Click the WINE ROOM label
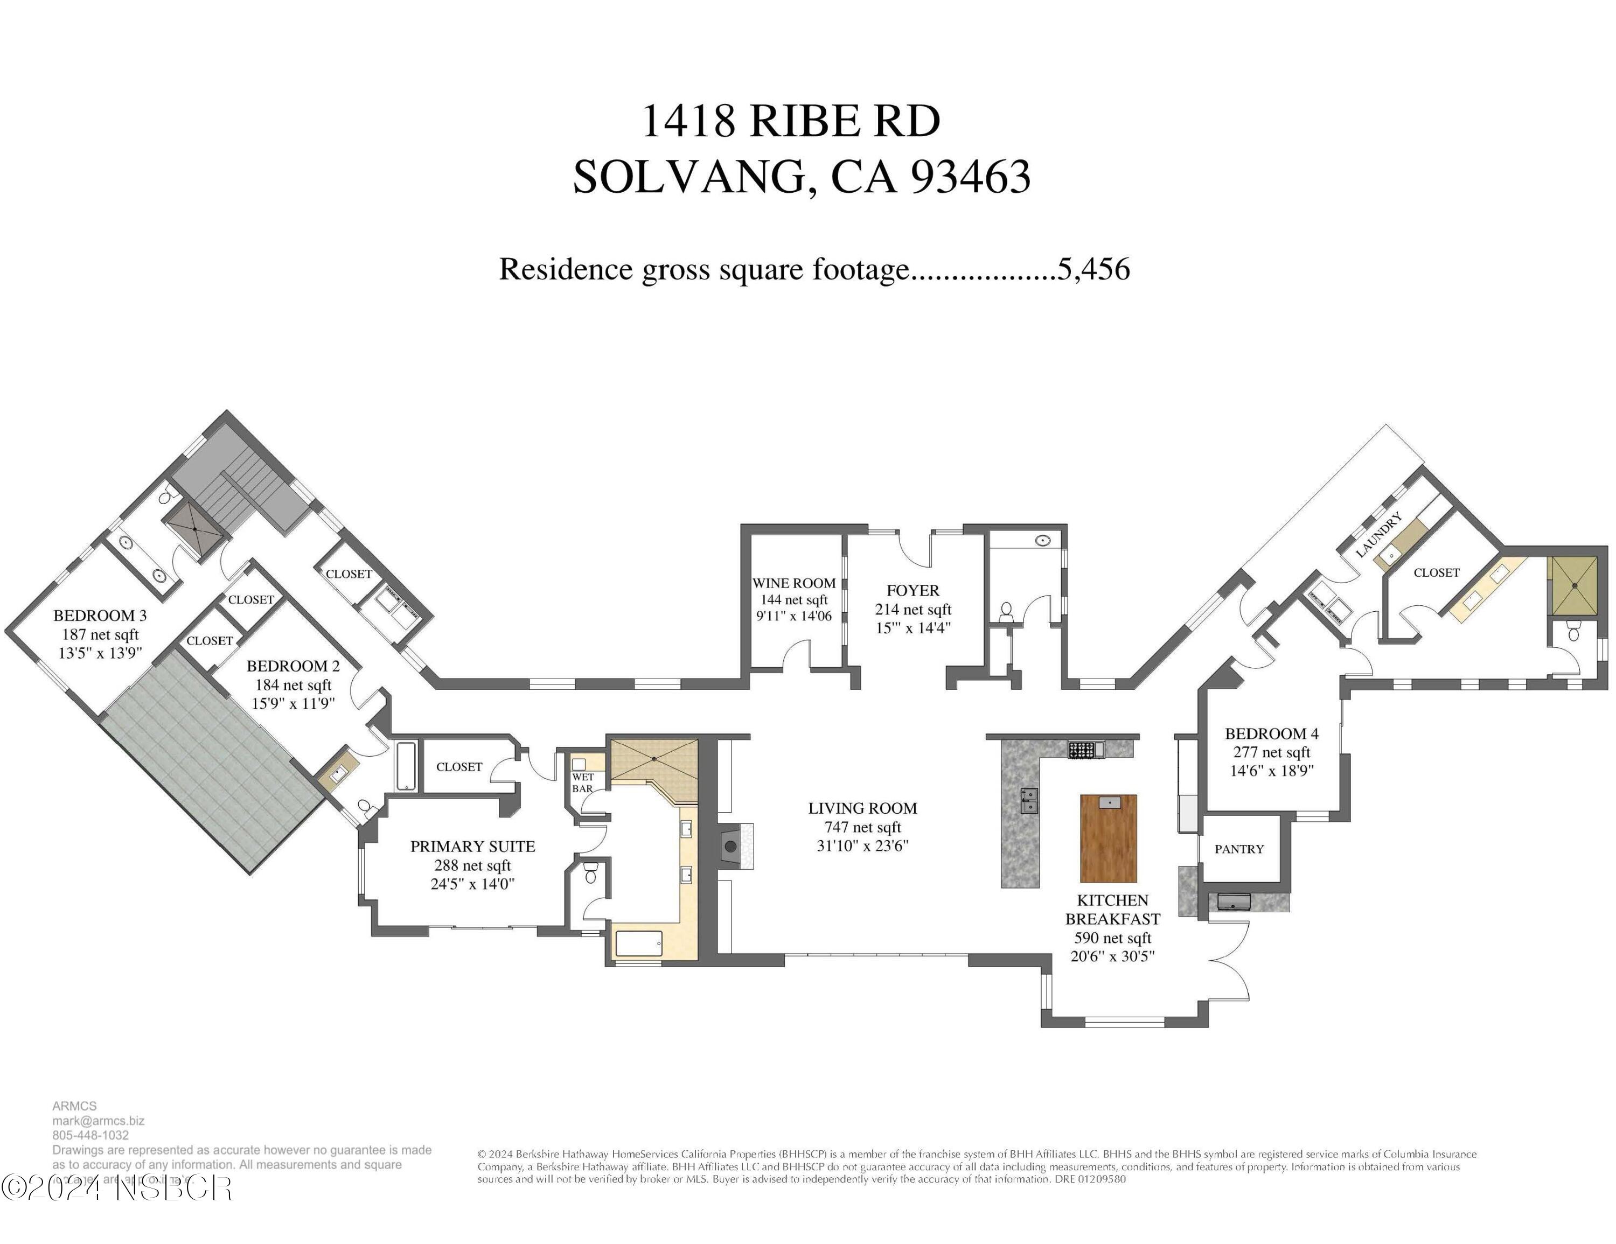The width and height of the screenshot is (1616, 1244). click(x=794, y=583)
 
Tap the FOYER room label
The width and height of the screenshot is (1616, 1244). click(x=913, y=590)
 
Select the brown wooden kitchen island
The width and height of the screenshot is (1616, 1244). click(x=1109, y=838)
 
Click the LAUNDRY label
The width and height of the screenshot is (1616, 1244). click(x=1378, y=534)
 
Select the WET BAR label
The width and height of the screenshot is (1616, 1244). click(x=582, y=782)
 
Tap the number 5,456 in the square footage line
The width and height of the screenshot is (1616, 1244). click(x=1093, y=269)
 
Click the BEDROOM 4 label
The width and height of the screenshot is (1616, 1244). click(x=1271, y=733)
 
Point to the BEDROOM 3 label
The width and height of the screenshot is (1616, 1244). click(x=100, y=616)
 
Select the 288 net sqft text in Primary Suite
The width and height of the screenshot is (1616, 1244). click(x=472, y=865)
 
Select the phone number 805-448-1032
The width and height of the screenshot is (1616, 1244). click(x=90, y=1135)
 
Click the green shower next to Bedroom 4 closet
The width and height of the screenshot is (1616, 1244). click(x=1575, y=586)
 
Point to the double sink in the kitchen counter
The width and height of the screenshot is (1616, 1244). click(x=1028, y=800)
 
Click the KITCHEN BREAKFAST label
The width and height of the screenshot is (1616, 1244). click(x=1112, y=910)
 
